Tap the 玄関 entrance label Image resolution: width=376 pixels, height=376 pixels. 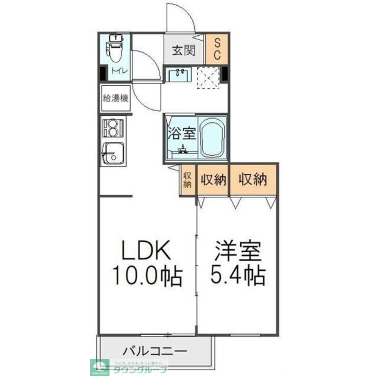(x=183, y=50)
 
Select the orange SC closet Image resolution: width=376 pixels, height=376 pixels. (x=217, y=49)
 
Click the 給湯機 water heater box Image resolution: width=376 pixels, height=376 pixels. (x=116, y=99)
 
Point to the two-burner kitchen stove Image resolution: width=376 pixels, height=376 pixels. (x=113, y=127)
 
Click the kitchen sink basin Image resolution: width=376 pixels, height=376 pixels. (x=112, y=153)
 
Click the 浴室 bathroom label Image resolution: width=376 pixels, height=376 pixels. (x=182, y=133)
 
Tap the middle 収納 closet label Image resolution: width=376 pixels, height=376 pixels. (x=213, y=180)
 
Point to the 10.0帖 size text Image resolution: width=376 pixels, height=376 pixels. (x=146, y=276)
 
